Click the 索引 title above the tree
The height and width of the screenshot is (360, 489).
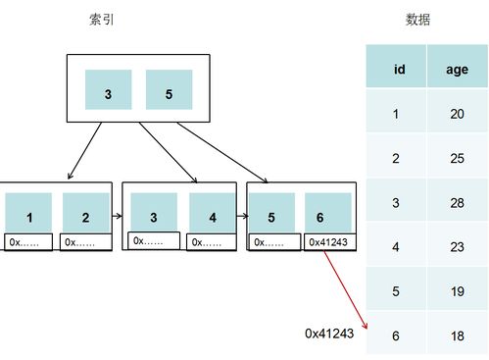(x=101, y=20)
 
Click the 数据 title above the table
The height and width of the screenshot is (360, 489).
(x=417, y=20)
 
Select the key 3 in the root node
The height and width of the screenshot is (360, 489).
(x=109, y=95)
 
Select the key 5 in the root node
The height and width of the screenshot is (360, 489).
(x=169, y=95)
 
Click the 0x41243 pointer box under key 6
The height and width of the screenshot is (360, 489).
(x=327, y=241)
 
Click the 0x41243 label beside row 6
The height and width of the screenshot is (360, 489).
(x=328, y=334)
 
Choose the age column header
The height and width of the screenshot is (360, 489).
(x=457, y=69)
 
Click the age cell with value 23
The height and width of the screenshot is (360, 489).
(x=457, y=245)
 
